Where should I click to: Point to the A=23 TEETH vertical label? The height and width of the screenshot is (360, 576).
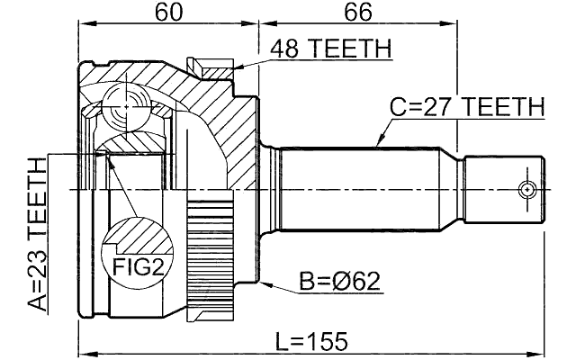[x=36, y=233]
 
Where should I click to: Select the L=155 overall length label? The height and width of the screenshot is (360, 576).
[x=311, y=342]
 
